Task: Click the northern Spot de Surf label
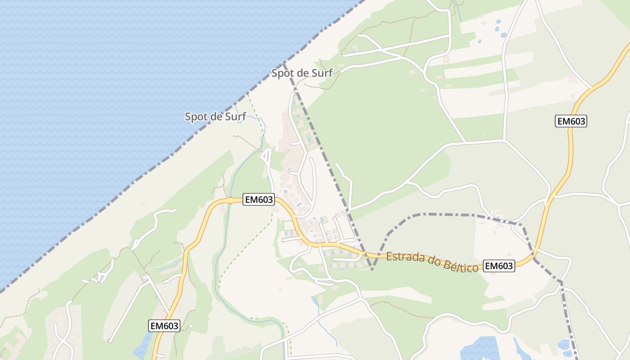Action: (x=302, y=73)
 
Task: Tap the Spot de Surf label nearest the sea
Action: (x=216, y=117)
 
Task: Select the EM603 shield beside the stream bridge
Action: (x=258, y=200)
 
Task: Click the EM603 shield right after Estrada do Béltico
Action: (x=499, y=266)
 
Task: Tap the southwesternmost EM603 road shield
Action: (x=164, y=326)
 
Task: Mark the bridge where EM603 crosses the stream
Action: (x=230, y=200)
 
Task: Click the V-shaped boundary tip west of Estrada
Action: (x=372, y=270)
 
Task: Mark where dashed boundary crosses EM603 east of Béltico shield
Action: (x=535, y=258)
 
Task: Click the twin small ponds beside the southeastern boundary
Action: (x=563, y=346)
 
